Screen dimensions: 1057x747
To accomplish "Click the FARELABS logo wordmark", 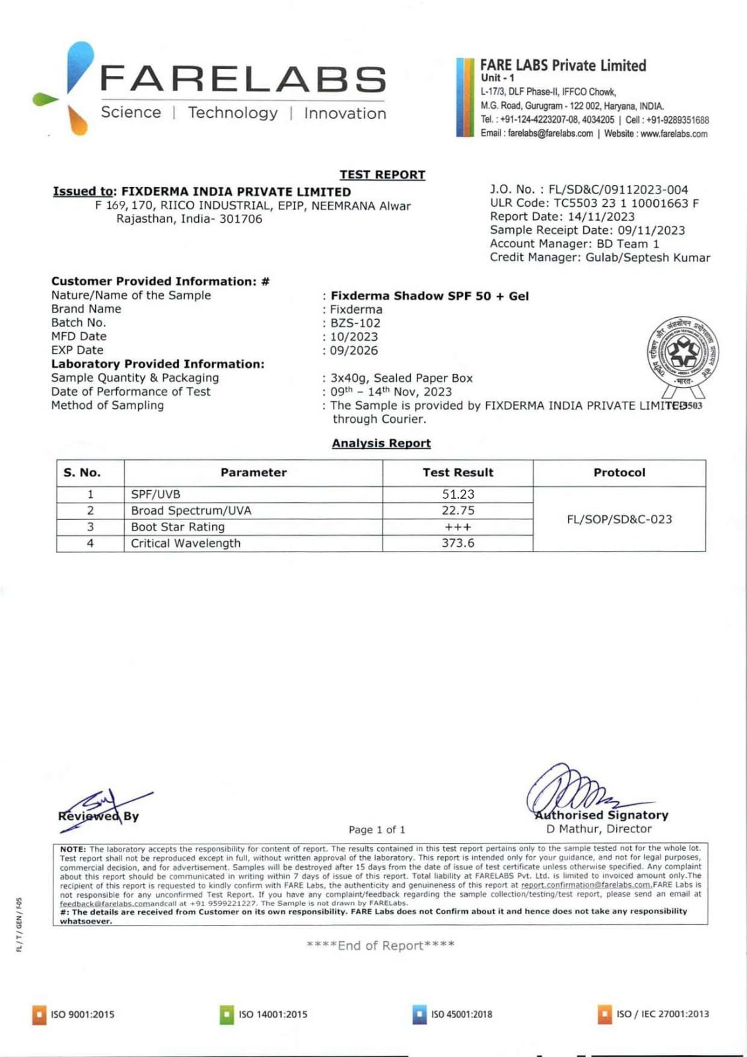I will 242,79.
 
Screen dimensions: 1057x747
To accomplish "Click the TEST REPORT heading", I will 382,174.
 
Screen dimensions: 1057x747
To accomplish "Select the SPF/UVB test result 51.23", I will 458,494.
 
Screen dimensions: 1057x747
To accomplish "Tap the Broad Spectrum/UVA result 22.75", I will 458,511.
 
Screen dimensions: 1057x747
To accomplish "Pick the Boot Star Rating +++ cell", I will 458,527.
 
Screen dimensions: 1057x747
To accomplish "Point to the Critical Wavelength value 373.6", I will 458,543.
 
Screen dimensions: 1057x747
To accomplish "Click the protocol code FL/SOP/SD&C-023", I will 619,519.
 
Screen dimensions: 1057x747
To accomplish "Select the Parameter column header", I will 253,472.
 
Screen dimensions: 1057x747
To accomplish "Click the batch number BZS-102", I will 355,323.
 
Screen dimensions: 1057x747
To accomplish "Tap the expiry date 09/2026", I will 354,351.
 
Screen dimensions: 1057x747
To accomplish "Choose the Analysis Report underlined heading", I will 381,443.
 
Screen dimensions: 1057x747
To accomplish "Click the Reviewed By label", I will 98,816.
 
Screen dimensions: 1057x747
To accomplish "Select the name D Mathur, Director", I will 598,829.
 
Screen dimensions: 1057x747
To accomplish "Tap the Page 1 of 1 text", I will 376,830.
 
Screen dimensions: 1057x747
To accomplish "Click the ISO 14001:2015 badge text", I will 273,1014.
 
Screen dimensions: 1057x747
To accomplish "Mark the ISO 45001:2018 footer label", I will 461,1014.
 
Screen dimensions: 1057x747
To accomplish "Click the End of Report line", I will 380,945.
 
